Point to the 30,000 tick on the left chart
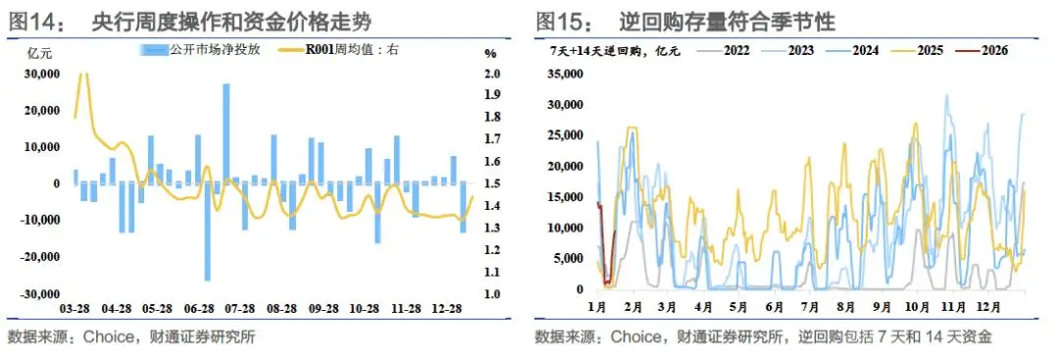[42, 74]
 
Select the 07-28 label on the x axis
[241, 309]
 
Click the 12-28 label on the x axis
[447, 309]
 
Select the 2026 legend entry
[991, 49]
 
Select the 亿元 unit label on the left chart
[33, 53]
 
